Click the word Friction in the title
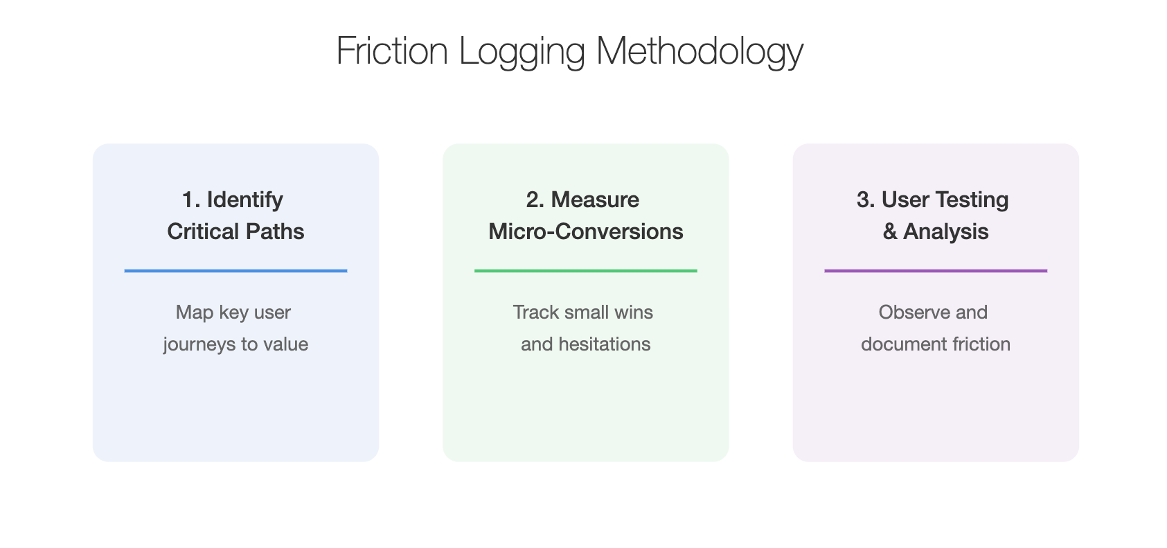click(392, 51)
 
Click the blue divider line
click(235, 271)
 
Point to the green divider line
click(586, 271)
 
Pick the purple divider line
click(936, 271)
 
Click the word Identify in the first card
click(245, 200)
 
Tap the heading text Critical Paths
click(235, 231)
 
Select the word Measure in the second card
click(595, 200)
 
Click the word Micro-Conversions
click(586, 231)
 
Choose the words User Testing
click(945, 200)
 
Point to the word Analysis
click(945, 232)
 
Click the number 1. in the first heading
click(191, 200)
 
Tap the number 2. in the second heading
click(535, 200)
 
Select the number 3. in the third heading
click(865, 200)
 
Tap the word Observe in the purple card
click(914, 312)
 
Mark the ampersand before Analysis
click(890, 231)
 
